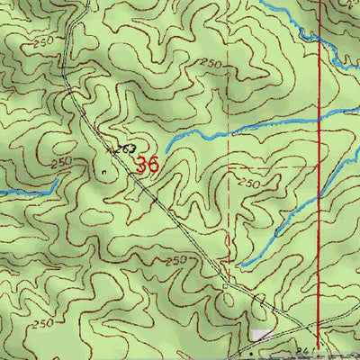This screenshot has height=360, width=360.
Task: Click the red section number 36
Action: pyautogui.click(x=148, y=165)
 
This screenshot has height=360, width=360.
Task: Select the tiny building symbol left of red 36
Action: pyautogui.click(x=104, y=167)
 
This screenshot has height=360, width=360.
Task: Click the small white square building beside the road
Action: pyautogui.click(x=227, y=287)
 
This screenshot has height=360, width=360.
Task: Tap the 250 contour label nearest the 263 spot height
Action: pyautogui.click(x=60, y=163)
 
